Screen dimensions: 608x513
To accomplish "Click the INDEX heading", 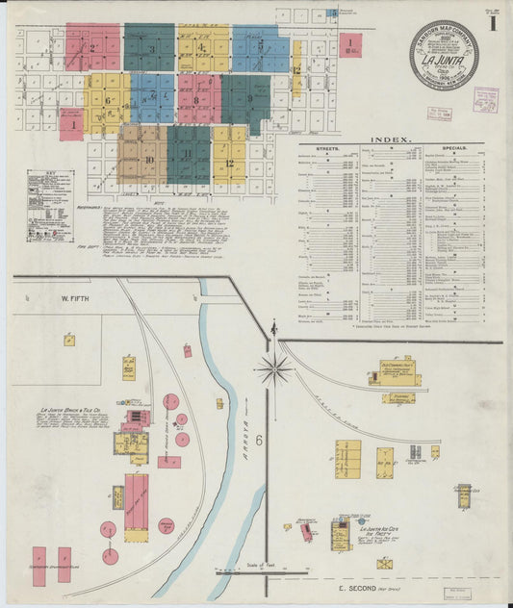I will click(391, 139).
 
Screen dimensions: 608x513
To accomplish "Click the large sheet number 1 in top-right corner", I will click(492, 23).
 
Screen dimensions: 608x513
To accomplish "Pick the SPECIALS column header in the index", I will click(455, 148).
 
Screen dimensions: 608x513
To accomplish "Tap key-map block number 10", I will click(148, 158).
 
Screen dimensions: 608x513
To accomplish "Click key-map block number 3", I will click(151, 49).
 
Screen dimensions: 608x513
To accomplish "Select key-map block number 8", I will click(195, 100).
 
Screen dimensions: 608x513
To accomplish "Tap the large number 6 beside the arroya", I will click(259, 413).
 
